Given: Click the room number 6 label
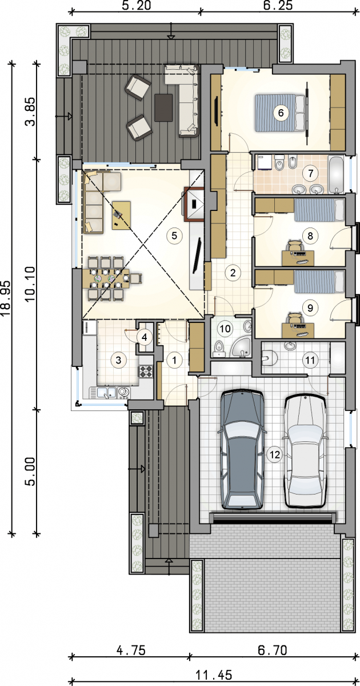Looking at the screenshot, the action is (281, 113).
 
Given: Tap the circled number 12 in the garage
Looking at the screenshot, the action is (275, 454).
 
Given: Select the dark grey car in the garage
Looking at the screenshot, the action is (242, 450).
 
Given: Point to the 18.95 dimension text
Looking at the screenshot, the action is (7, 298).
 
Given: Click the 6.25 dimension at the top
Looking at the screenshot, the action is (278, 5).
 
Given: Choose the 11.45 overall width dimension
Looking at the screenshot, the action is (214, 674).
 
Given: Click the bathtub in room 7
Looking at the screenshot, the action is (336, 174).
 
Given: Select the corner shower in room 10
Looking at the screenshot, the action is (242, 348).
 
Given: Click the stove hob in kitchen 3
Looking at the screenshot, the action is (146, 372).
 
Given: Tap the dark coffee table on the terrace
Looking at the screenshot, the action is (163, 108).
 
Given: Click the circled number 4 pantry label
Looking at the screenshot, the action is (144, 337).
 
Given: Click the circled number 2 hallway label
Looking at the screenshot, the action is (233, 272).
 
